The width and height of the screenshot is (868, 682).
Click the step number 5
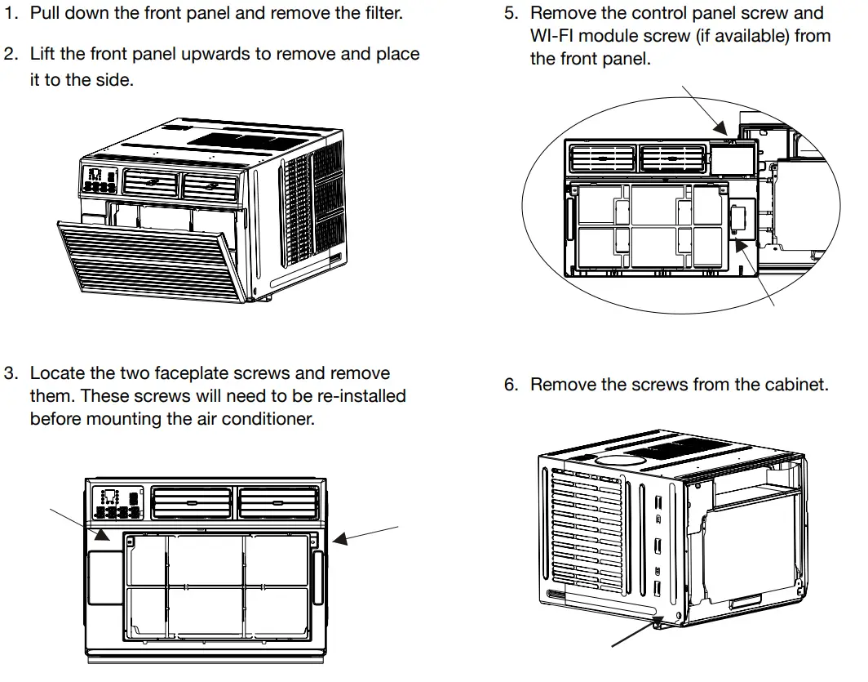[x=511, y=14]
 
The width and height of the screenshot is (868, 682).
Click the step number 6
[x=511, y=384]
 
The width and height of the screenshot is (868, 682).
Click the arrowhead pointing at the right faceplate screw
[x=337, y=539]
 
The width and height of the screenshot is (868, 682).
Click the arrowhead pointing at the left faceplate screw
[x=101, y=536]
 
